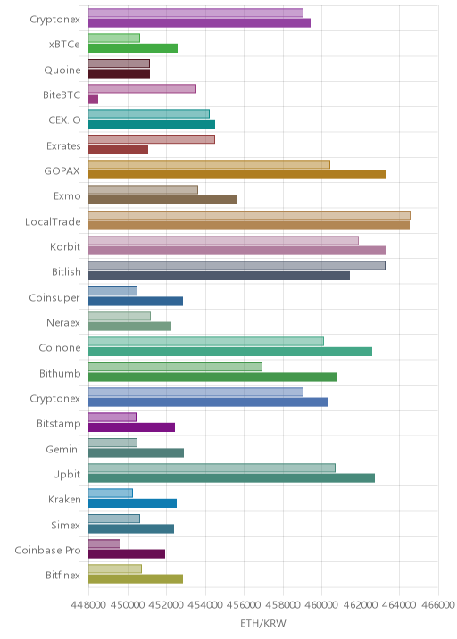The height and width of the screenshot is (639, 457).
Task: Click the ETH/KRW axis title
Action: pos(263,623)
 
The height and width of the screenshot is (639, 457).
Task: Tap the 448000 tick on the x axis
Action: pos(88,604)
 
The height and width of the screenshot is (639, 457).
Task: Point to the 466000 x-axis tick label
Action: pos(437,604)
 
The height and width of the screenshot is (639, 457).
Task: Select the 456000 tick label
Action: pos(244,604)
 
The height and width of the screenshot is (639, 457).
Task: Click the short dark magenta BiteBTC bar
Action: pos(94,99)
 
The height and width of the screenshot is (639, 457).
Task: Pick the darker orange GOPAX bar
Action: pos(237,175)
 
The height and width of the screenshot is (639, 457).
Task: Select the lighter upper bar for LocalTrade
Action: pos(250,215)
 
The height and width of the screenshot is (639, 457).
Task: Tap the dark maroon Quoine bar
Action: pos(119,74)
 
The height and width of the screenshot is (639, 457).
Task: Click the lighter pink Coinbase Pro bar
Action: pos(104,544)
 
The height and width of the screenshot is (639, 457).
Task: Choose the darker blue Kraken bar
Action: pos(132,503)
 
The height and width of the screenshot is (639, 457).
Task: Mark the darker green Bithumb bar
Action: pos(212,377)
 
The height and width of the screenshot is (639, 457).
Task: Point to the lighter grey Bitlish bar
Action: pos(237,266)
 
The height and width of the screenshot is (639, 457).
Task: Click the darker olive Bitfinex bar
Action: pos(136,579)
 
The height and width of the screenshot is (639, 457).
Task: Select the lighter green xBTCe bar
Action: pos(114,37)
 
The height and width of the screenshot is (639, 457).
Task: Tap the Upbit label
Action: pos(66,475)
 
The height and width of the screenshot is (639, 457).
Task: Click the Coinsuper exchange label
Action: pos(54,298)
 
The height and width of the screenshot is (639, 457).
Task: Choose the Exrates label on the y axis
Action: pos(63,145)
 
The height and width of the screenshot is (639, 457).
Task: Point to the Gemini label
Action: pos(63,449)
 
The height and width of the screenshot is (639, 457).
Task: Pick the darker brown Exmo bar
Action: pos(162,200)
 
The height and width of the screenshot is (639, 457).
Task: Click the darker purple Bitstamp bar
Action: pos(132,427)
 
